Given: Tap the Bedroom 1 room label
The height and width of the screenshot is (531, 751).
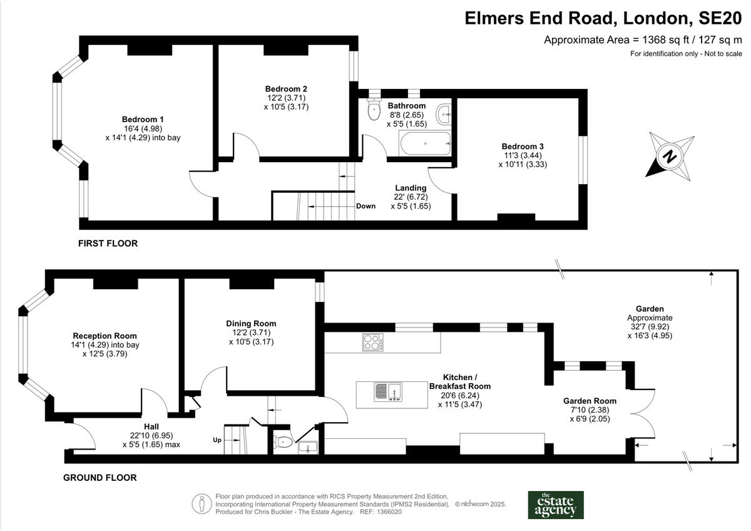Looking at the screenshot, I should tap(143, 119).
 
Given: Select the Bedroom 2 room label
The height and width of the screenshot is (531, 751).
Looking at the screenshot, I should tap(286, 89).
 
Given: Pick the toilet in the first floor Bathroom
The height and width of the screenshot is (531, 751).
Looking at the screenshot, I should tap(374, 111).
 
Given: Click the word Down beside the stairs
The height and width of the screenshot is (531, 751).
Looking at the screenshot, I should tap(365, 206).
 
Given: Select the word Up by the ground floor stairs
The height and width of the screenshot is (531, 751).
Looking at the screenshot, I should tap(217, 440).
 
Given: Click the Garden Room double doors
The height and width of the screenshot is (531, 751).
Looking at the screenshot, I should tap(645, 416).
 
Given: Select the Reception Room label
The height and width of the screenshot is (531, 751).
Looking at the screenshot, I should tap(105, 336).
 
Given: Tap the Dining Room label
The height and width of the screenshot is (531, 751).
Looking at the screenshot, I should tap(251, 323).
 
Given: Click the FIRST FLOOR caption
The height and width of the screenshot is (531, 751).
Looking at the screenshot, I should tap(108, 243).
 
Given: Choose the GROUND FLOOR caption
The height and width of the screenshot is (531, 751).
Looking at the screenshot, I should tap(100, 478).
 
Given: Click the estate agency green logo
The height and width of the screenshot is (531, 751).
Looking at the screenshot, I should tap(556, 505).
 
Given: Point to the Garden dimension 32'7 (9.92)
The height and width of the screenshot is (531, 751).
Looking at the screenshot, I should tap(650, 326).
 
